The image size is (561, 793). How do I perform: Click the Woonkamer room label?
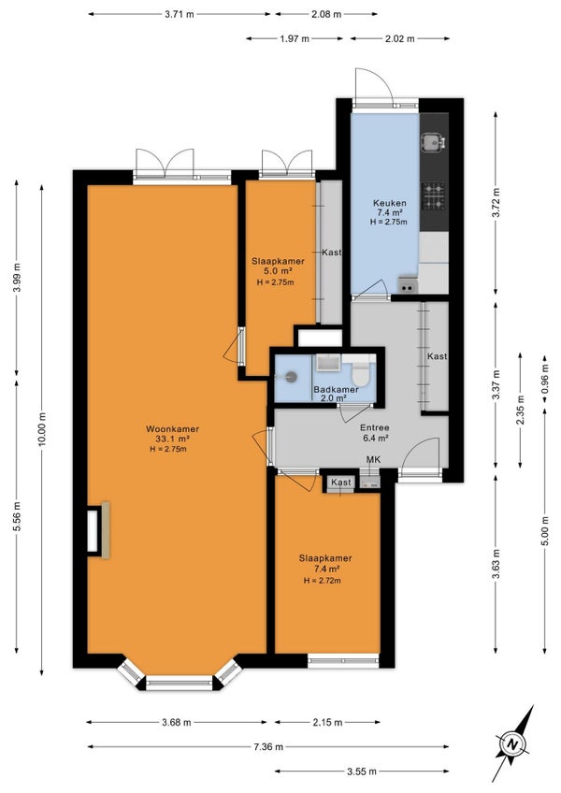pos(172,429)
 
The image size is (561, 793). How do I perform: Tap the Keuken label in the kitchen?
pos(390,203)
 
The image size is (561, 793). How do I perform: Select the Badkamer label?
pos(336,389)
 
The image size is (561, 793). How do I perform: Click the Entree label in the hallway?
pos(374,428)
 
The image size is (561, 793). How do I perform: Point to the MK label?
pos(373,459)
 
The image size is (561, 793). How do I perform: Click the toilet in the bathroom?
pos(361,373)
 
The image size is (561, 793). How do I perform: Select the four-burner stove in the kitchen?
pos(434,196)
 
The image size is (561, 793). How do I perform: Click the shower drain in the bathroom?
pos(291,376)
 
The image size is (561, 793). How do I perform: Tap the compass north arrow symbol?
pos(513,743)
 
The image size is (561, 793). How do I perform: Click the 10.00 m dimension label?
pos(42,429)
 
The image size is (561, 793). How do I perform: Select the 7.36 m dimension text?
pos(268,746)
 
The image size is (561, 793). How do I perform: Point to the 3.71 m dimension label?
pos(180,14)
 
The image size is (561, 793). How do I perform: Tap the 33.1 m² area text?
pos(172,439)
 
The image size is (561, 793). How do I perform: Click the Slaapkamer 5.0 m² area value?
pos(278,271)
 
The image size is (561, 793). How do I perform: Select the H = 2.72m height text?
pos(323,581)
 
